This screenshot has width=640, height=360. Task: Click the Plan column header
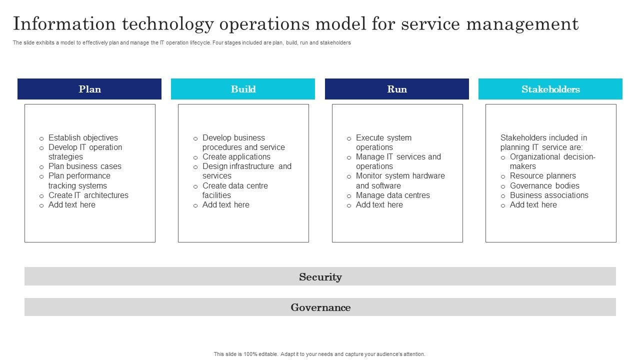tap(89, 89)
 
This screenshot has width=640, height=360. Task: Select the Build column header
tap(243, 89)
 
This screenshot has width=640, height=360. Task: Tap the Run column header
tap(397, 89)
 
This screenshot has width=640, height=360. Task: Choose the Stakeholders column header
tap(550, 89)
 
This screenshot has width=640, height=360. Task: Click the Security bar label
tap(320, 277)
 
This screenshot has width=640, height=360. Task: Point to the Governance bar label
tap(320, 307)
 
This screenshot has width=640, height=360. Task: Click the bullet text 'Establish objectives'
tap(83, 138)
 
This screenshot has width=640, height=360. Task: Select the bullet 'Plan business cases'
tap(84, 166)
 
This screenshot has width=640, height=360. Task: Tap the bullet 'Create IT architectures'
tap(88, 195)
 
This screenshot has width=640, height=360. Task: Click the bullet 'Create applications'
tap(236, 157)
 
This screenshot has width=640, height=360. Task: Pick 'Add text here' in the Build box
tap(225, 205)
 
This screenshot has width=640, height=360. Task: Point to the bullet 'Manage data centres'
tap(392, 195)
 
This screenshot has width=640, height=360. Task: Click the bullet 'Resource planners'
tap(542, 176)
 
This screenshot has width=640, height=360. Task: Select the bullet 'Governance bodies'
tap(544, 186)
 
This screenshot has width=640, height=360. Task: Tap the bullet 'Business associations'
tap(549, 195)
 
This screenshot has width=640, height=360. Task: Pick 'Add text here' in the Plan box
tap(71, 205)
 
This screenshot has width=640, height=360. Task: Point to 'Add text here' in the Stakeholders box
tap(533, 205)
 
